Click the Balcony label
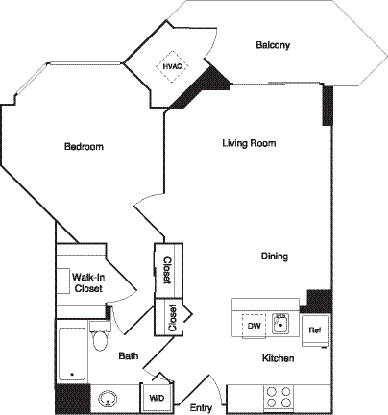pos(273,45)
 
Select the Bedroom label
pos(84,147)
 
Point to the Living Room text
pos(249,143)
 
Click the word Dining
pos(275,256)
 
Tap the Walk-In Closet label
pos(87,282)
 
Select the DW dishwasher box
pos(255,326)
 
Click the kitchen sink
pos(281,324)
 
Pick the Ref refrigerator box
pos(313,330)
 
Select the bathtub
pos(72,354)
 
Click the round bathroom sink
pos(108,396)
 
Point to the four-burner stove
pos(279,396)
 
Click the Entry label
pos(201,408)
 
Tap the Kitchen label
pos(278,358)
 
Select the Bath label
pos(129,355)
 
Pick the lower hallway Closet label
pos(172,318)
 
